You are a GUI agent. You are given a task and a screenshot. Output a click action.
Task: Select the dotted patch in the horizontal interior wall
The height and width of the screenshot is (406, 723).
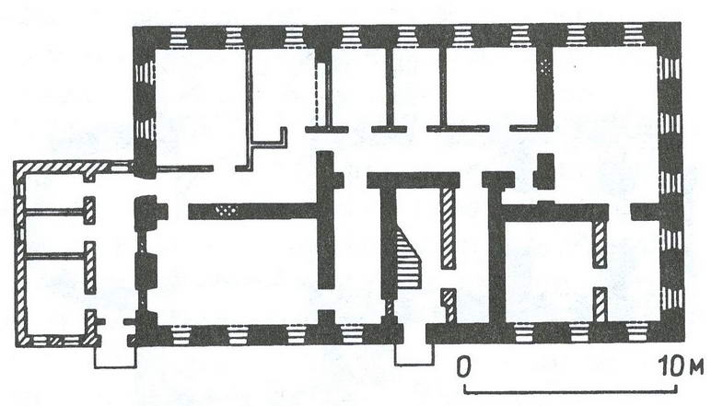pos(227,212)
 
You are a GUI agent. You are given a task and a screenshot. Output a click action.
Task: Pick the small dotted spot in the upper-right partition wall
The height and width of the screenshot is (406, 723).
pos(547,68)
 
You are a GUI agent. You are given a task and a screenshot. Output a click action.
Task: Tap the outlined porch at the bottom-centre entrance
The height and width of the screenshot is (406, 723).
pos(414,354)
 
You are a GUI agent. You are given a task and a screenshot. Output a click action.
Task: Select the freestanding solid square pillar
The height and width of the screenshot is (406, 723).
pos(543,171)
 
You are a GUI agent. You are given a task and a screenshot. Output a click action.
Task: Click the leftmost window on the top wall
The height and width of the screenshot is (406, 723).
pos(179,38)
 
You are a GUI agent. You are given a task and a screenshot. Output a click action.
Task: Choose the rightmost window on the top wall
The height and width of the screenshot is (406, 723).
pos(632,37)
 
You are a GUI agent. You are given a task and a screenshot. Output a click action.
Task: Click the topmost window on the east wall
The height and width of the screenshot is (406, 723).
pos(670,68)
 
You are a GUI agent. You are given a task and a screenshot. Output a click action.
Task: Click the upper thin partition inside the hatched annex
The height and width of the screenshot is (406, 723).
pos(56,212)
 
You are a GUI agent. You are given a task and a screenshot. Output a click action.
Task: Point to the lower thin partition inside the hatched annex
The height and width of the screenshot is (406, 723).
pos(56,255)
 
